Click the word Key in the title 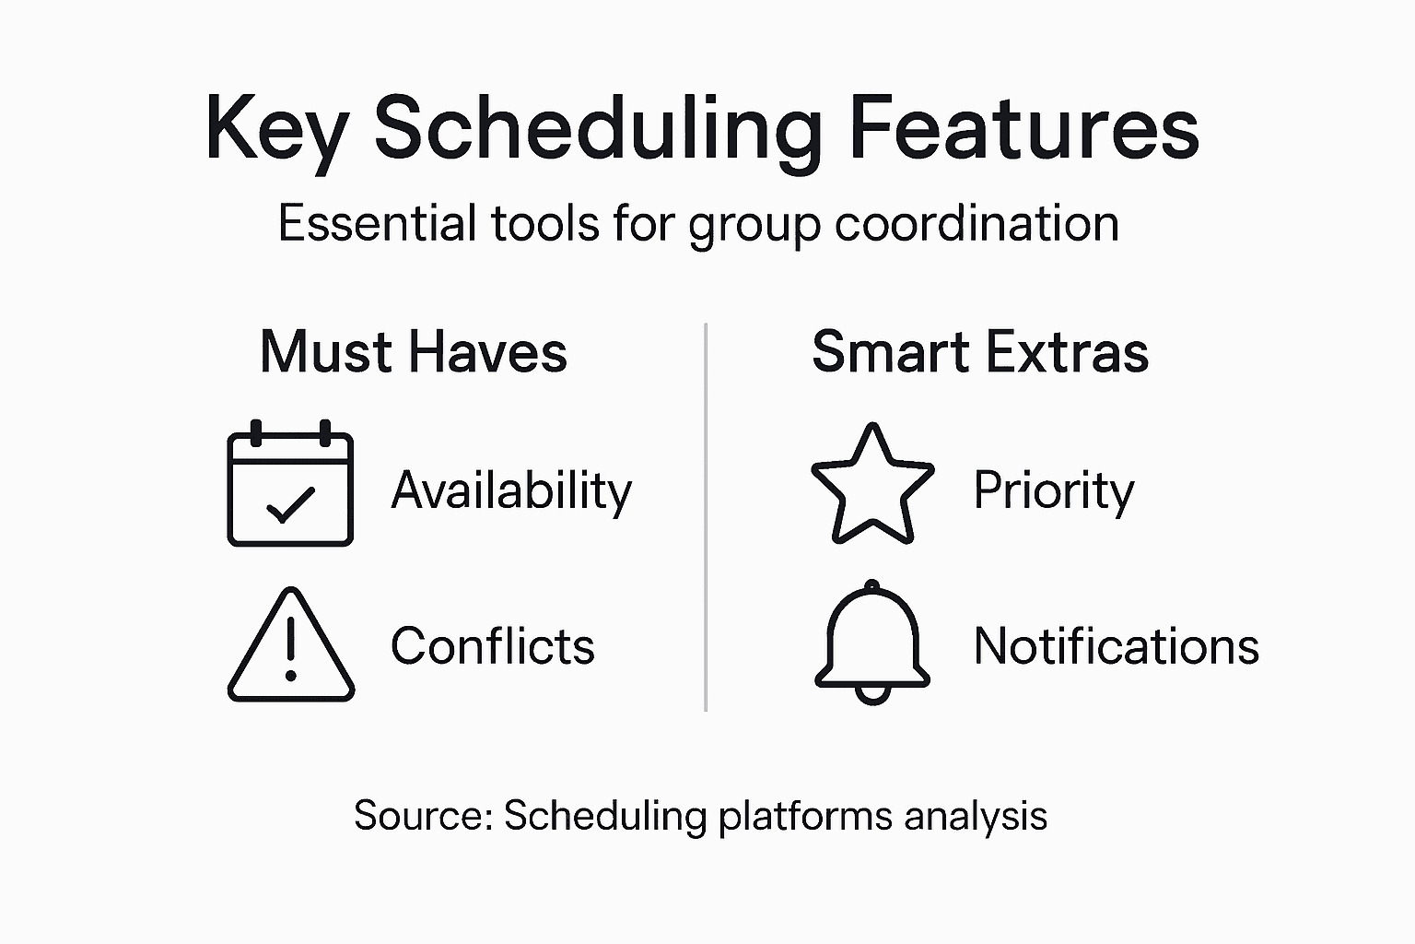click(x=274, y=129)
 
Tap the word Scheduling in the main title click(x=597, y=129)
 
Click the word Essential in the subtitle click(x=378, y=223)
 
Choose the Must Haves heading click(x=414, y=352)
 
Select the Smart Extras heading click(x=980, y=352)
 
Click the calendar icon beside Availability click(x=290, y=483)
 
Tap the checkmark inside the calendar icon click(x=290, y=505)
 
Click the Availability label click(x=511, y=490)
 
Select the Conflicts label click(x=493, y=645)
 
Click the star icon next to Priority click(x=871, y=485)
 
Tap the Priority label click(x=1054, y=490)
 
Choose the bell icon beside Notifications click(x=871, y=643)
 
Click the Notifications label click(x=1116, y=645)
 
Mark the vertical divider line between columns click(x=706, y=516)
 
